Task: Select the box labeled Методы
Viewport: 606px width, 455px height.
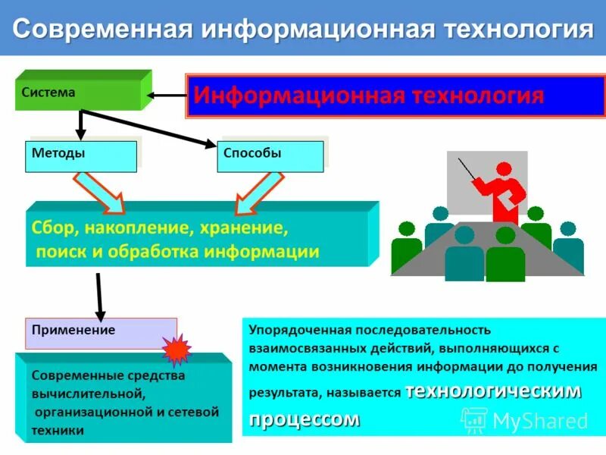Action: point(81,155)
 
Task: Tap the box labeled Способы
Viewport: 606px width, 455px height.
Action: point(272,155)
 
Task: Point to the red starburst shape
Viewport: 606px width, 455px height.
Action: point(176,350)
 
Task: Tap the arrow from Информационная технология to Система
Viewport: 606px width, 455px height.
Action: point(167,96)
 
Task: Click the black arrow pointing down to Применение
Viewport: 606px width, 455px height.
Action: point(98,296)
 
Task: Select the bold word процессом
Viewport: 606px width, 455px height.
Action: point(305,419)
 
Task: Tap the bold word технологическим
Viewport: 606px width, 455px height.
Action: point(493,391)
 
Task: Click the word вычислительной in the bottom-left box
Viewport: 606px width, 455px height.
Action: point(88,394)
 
